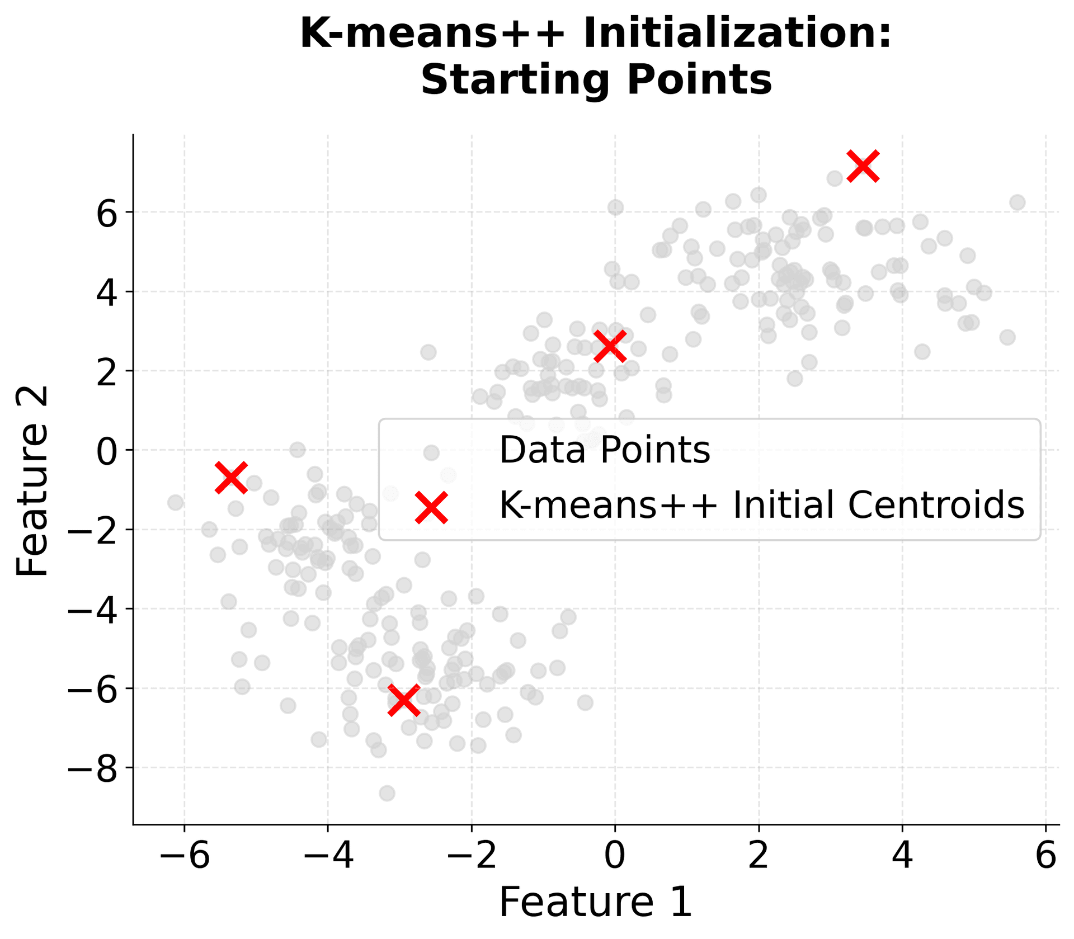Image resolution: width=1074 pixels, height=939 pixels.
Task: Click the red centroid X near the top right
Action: click(863, 166)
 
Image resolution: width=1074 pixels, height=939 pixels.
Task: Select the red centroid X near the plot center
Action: click(610, 346)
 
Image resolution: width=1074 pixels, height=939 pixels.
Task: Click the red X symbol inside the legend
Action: click(431, 507)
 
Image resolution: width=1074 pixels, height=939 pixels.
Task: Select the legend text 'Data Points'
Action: click(604, 450)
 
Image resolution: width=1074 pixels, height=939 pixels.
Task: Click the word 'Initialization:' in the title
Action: click(737, 34)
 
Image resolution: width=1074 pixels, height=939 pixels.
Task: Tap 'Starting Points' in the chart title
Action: click(596, 80)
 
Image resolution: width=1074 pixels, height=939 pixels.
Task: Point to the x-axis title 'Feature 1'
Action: click(596, 903)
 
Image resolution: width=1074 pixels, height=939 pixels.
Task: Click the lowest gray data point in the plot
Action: click(387, 793)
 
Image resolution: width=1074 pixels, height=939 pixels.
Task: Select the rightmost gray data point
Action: click(1017, 202)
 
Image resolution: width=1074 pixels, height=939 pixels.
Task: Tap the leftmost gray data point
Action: click(176, 502)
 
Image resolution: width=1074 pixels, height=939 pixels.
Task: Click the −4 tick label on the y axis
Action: click(93, 610)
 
